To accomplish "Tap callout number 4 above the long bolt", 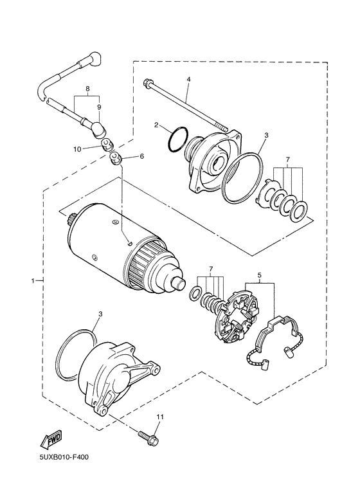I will [x=188, y=80].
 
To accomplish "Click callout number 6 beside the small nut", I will [x=142, y=156].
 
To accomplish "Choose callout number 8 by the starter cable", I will [x=87, y=90].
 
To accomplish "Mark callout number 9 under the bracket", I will [x=99, y=107].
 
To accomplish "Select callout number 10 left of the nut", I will [x=77, y=149].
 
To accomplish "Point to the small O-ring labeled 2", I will [x=178, y=140].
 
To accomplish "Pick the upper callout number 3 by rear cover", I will [x=265, y=136].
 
